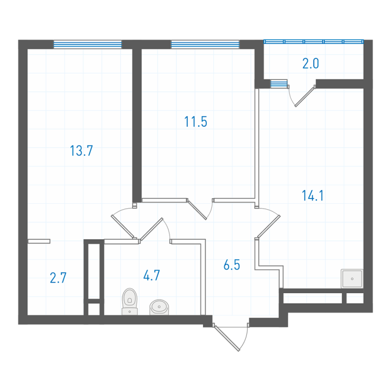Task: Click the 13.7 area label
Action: coord(81,151)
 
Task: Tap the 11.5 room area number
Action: coord(195,122)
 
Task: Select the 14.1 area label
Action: coord(313,195)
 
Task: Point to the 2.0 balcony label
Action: coord(311,63)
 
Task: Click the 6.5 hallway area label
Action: coord(232,265)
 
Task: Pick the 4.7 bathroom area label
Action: coord(152,275)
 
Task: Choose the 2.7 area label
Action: coord(58,278)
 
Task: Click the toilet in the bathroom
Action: coord(130,301)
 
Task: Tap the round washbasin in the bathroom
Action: coord(159,307)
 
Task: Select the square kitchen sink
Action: coord(352,278)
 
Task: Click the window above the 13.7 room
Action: coord(88,44)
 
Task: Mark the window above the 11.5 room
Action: coord(205,44)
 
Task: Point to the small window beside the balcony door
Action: coord(279,84)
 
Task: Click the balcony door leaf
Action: coord(304,97)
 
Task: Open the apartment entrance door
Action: coord(227,338)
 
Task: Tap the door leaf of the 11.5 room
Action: coord(197,210)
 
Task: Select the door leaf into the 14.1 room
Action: coord(269,227)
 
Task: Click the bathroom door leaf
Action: coord(152,229)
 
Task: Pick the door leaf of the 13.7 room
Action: coord(122,227)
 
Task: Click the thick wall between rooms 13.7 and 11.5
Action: coord(137,125)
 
